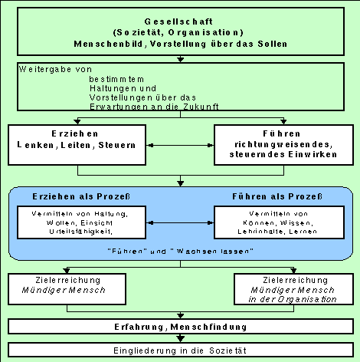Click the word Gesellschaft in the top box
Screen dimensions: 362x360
(179, 22)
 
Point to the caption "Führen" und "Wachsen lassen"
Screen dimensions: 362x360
(179, 250)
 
